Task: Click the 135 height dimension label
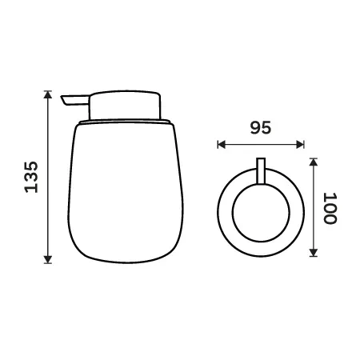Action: pos(31,177)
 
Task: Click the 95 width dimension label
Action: pos(261,127)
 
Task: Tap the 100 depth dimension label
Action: pos(330,208)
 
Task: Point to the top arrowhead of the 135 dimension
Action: pos(48,94)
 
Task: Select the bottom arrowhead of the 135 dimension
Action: pos(48,259)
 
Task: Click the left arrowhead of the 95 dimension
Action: pos(222,145)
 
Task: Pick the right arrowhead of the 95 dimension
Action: pos(300,145)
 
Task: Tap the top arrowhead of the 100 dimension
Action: pos(314,162)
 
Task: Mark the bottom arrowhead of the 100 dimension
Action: pos(314,253)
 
